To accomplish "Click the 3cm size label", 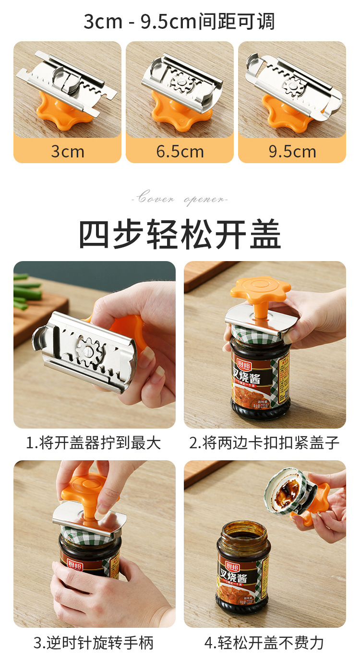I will pos(67,152).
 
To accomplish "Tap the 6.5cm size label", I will pos(180,152).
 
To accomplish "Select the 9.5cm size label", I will pos(292,152).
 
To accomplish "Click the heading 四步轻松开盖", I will pos(180,235).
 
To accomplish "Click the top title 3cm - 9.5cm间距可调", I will pos(180,22).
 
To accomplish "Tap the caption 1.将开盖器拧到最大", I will pos(94,443).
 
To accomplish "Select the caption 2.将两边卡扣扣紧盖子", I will pos(264,443).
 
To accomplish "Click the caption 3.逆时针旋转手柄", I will pos(94,642).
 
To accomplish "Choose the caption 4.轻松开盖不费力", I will pos(264,642).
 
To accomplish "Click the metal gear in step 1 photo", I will pos(91,349).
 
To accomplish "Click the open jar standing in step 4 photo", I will pos(243,566).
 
